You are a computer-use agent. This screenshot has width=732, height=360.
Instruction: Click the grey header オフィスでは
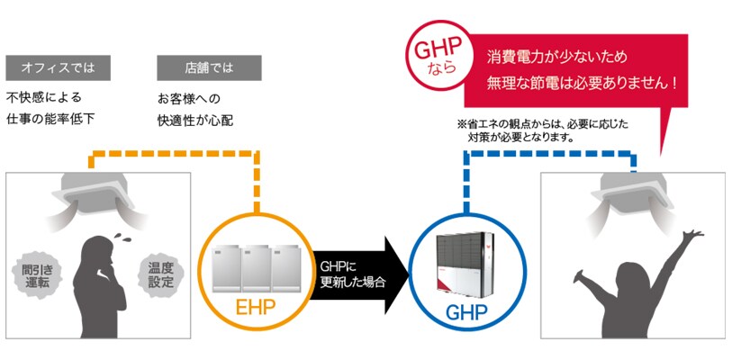pyautogui.click(x=59, y=68)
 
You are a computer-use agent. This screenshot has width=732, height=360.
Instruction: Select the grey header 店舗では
pyautogui.click(x=209, y=68)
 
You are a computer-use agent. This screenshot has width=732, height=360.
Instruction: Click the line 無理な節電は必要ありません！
pyautogui.click(x=582, y=82)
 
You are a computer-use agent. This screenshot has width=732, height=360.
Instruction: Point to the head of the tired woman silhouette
pyautogui.click(x=95, y=249)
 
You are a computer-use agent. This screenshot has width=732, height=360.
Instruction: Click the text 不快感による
pyautogui.click(x=44, y=97)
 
